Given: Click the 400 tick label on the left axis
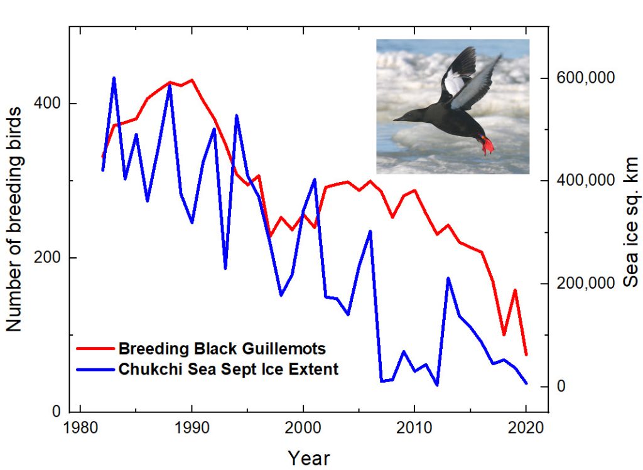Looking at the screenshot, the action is click(x=47, y=104).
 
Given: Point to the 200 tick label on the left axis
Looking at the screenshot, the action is click(x=47, y=258).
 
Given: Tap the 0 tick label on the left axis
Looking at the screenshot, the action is click(x=56, y=411).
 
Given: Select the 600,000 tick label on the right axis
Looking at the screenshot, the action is click(x=586, y=77).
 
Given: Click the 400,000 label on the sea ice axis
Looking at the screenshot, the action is click(x=586, y=180).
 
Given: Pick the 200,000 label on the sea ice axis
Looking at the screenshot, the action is click(x=586, y=283).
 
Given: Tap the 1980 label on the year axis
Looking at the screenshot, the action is click(x=80, y=428).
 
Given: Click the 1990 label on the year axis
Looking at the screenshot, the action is click(x=192, y=428).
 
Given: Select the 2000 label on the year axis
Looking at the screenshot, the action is click(x=303, y=428).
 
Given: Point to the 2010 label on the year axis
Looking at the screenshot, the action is click(x=414, y=428).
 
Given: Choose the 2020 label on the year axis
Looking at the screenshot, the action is click(x=526, y=428).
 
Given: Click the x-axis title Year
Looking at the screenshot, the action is click(x=308, y=458).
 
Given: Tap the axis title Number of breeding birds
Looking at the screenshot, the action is click(x=14, y=219).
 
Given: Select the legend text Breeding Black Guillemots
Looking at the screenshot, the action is click(x=222, y=349).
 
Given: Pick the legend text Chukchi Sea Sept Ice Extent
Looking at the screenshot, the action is click(x=229, y=369).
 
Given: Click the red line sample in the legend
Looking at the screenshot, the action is click(x=95, y=349).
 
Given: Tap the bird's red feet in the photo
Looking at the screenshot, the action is click(x=487, y=145).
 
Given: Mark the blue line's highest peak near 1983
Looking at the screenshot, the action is click(x=114, y=78).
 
